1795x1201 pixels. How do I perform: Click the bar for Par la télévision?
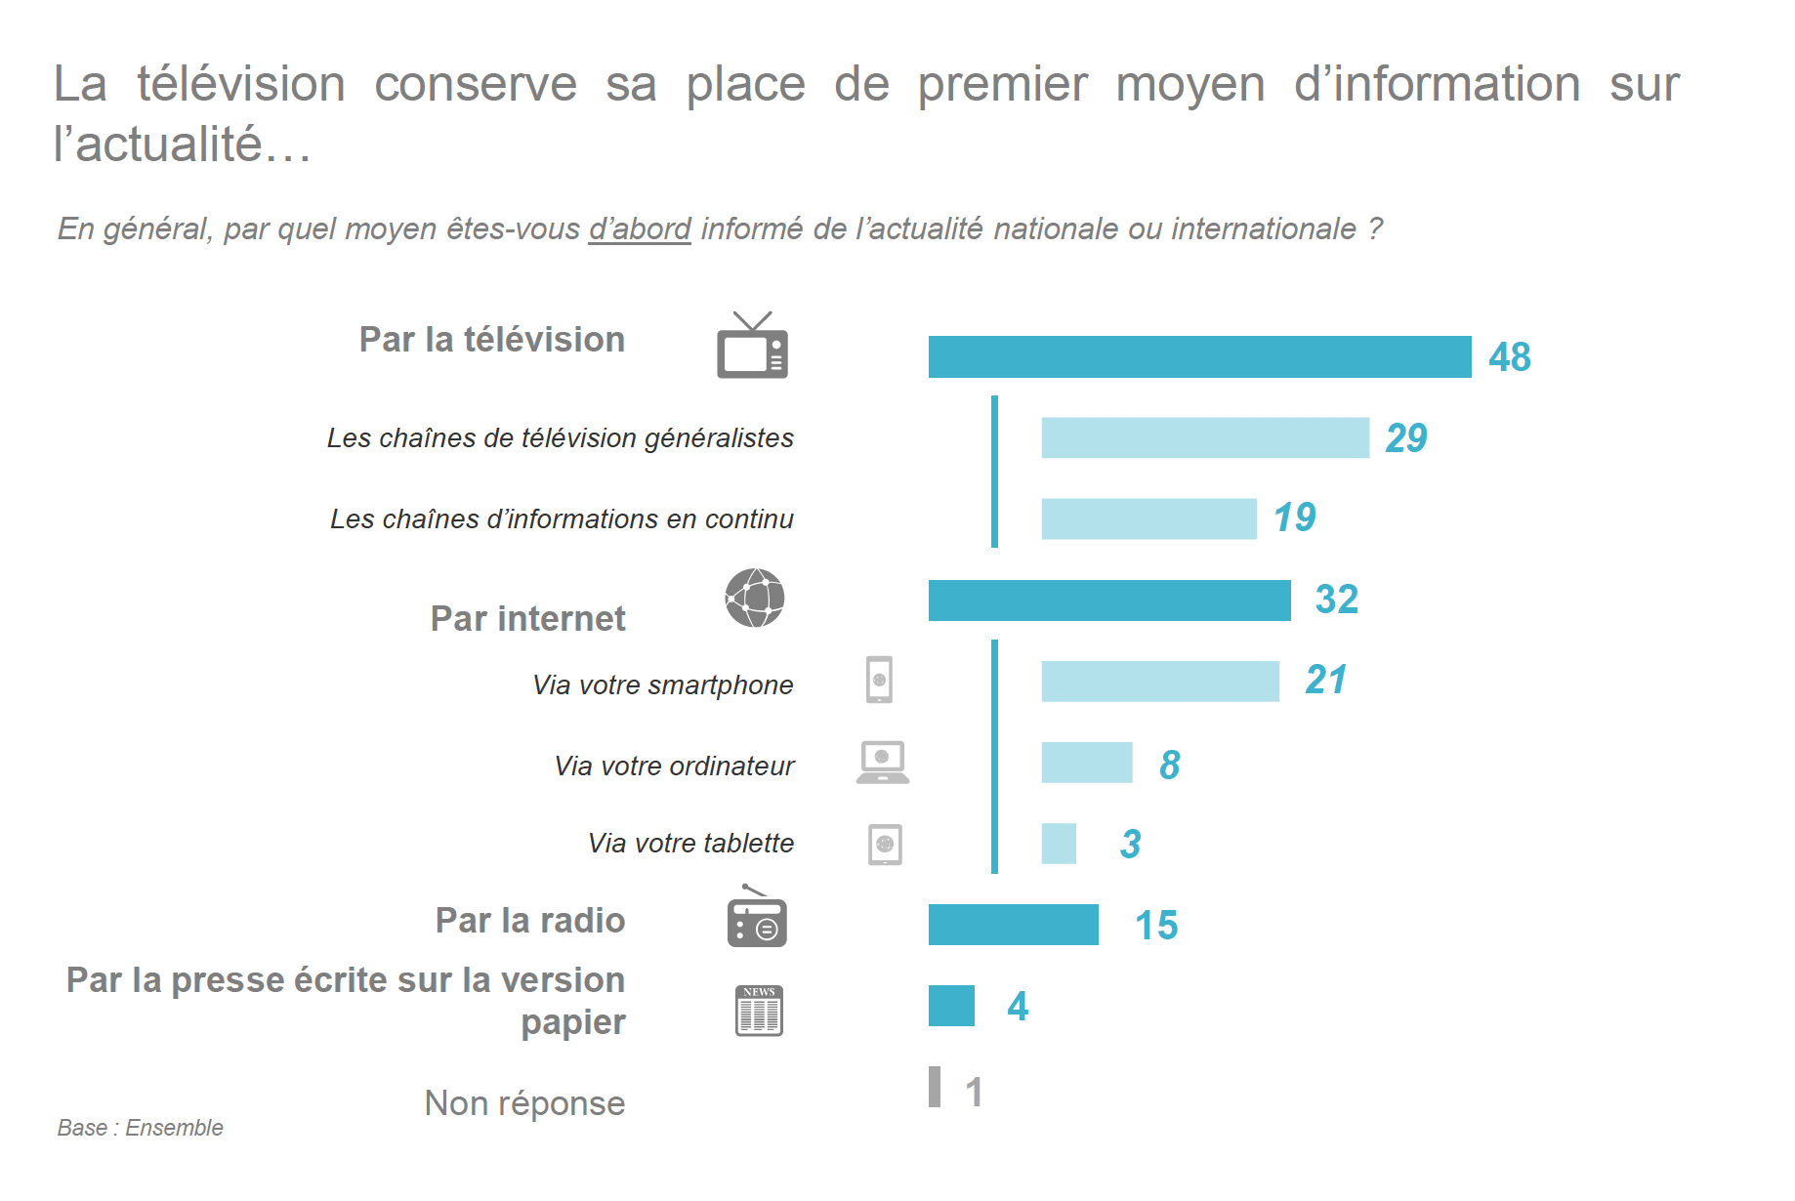[1199, 356]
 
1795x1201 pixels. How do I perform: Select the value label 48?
[1509, 357]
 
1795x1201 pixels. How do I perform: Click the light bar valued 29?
[1204, 437]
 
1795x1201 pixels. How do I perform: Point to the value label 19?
[1294, 518]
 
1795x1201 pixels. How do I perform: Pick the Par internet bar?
[1108, 600]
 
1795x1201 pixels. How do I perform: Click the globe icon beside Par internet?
[755, 598]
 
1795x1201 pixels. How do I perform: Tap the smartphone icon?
[879, 680]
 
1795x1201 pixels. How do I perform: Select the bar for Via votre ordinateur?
[1086, 763]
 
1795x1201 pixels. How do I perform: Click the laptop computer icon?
[883, 763]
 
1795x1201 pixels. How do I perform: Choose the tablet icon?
[885, 845]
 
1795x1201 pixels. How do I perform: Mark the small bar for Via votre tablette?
[1059, 844]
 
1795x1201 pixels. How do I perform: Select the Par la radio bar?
[1013, 925]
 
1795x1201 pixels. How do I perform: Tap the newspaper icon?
[759, 1011]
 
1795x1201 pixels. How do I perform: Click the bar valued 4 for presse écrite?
[951, 1006]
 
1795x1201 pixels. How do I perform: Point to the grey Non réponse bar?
[935, 1087]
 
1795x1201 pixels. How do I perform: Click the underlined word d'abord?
[640, 228]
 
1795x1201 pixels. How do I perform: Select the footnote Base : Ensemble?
[140, 1128]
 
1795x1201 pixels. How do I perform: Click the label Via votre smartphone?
[662, 685]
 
